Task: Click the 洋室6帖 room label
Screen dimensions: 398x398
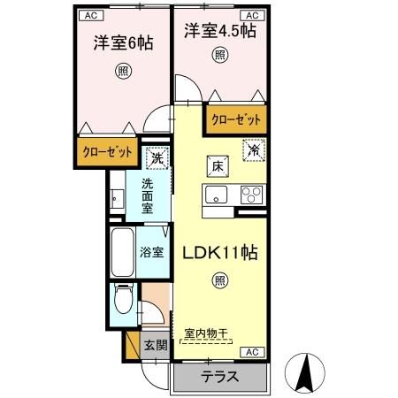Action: (x=119, y=42)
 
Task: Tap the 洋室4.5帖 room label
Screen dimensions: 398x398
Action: (x=220, y=31)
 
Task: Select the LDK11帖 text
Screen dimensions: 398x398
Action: (x=220, y=252)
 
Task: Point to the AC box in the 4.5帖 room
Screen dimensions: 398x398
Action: (x=250, y=15)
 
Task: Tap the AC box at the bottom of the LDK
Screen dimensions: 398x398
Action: (x=250, y=351)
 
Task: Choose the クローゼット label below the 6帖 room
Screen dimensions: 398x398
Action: (x=108, y=152)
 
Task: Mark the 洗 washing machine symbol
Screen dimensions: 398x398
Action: (x=156, y=158)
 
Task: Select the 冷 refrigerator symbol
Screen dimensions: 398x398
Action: (x=252, y=150)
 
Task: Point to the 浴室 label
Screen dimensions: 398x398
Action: (x=151, y=251)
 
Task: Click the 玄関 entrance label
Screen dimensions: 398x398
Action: (x=155, y=344)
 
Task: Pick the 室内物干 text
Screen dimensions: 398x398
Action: (x=206, y=333)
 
